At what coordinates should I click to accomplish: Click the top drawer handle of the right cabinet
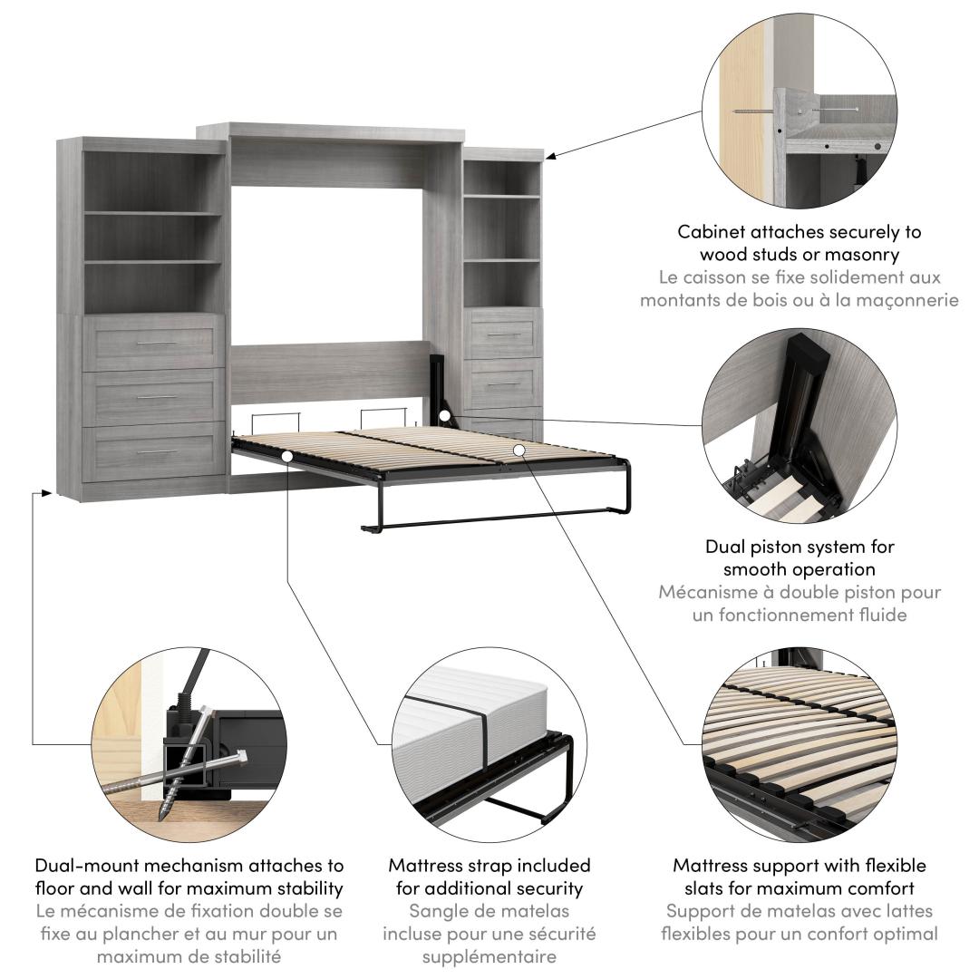coord(503,335)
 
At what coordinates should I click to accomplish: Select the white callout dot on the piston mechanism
coord(444,415)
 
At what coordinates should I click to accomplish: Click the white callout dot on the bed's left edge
coord(286,456)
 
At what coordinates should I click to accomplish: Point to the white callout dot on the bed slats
coord(519,450)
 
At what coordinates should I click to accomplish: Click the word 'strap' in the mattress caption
coord(491,867)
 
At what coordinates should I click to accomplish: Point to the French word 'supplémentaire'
coord(489,957)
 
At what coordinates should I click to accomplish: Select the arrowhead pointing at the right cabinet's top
coord(550,156)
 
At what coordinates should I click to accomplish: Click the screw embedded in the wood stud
coord(753,111)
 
